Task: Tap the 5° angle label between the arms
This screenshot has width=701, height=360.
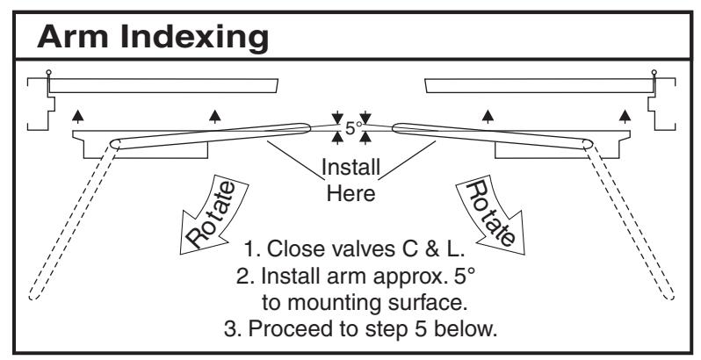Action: pyautogui.click(x=352, y=127)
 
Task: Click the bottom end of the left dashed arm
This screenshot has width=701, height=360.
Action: pyautogui.click(x=33, y=297)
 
